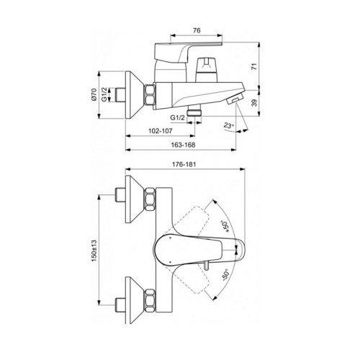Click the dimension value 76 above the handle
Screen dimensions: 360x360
tap(196, 30)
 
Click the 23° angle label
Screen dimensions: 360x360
tap(230, 126)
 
